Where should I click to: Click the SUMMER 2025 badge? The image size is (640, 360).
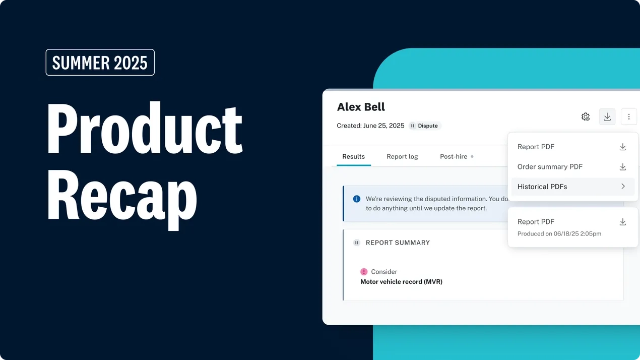coord(100,63)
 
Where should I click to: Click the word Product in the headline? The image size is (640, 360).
coord(145,128)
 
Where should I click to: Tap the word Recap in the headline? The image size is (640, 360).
coord(122,199)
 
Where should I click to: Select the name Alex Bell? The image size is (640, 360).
coord(361,107)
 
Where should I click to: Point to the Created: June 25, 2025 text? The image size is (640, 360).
coord(370,126)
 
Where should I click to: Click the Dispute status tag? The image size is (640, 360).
coord(425,126)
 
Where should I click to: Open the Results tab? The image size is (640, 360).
coord(353,156)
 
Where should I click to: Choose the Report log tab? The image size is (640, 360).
coord(402,156)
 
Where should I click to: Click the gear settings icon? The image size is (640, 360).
coord(586,116)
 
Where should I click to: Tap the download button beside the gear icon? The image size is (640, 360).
coord(607,116)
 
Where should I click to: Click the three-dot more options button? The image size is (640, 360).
coord(629,116)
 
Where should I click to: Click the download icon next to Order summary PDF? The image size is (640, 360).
coord(623,167)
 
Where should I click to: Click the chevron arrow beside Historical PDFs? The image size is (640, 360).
coord(623,187)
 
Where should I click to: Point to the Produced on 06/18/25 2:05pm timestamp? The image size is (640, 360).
coord(559,233)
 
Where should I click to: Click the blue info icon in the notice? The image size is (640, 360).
coord(357,199)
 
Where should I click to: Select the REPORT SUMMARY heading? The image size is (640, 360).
coord(398,243)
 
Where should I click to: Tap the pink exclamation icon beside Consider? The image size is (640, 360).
coord(364,272)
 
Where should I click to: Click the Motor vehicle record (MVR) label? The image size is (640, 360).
coord(402,282)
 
